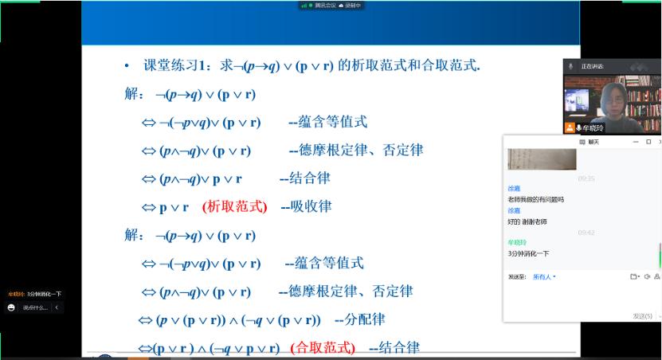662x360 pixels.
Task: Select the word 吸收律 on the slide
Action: pos(311,206)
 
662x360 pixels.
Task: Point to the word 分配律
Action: pos(366,319)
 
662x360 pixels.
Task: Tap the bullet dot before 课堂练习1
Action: pos(126,67)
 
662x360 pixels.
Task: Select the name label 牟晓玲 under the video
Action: pos(593,127)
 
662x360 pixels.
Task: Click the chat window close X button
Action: pos(650,142)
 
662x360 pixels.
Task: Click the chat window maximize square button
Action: pos(636,142)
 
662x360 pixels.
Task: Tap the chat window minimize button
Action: pos(622,142)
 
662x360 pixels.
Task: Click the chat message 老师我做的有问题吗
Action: pos(535,199)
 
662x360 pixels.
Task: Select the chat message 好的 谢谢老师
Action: pos(527,221)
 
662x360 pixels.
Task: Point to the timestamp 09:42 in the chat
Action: pos(586,232)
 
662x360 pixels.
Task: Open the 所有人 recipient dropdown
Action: pos(544,277)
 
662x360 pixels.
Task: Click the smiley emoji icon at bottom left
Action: pos(12,307)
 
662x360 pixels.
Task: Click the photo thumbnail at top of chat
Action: pos(542,158)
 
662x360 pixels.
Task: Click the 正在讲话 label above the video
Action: pos(593,65)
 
